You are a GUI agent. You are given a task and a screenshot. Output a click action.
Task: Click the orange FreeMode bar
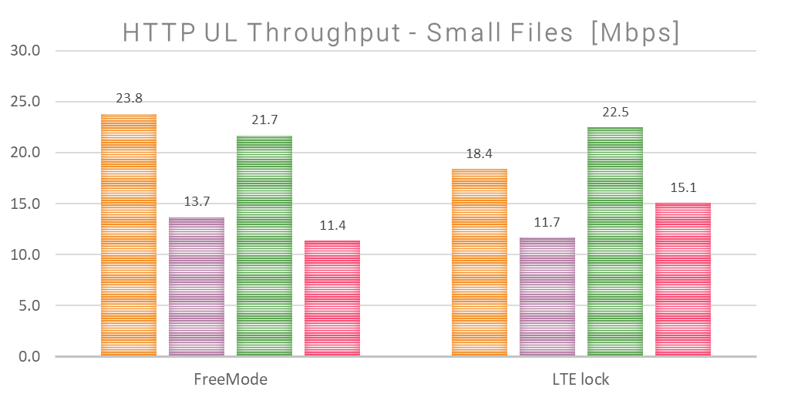(129, 235)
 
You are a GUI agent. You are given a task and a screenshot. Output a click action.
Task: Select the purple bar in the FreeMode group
(197, 287)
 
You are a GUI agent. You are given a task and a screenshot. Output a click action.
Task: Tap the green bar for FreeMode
(264, 246)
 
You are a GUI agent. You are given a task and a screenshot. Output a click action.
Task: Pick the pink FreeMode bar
(332, 298)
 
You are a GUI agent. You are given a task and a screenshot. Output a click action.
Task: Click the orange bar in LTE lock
(480, 263)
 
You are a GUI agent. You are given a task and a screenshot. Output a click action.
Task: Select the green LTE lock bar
(615, 242)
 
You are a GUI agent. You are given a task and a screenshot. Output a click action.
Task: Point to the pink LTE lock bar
(683, 280)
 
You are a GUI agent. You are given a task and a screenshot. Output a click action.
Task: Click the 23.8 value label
(129, 99)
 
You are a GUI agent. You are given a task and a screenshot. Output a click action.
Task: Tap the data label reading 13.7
(197, 202)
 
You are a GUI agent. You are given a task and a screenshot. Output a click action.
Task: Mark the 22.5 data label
(615, 112)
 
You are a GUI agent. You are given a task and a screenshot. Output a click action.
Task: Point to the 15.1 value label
(683, 187)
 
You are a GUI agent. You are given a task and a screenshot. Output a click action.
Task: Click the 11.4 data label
(332, 225)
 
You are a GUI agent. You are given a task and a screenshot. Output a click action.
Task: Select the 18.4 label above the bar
(480, 154)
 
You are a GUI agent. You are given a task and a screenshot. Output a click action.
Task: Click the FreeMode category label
(231, 380)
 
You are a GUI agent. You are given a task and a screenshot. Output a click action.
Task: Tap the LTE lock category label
(581, 380)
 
